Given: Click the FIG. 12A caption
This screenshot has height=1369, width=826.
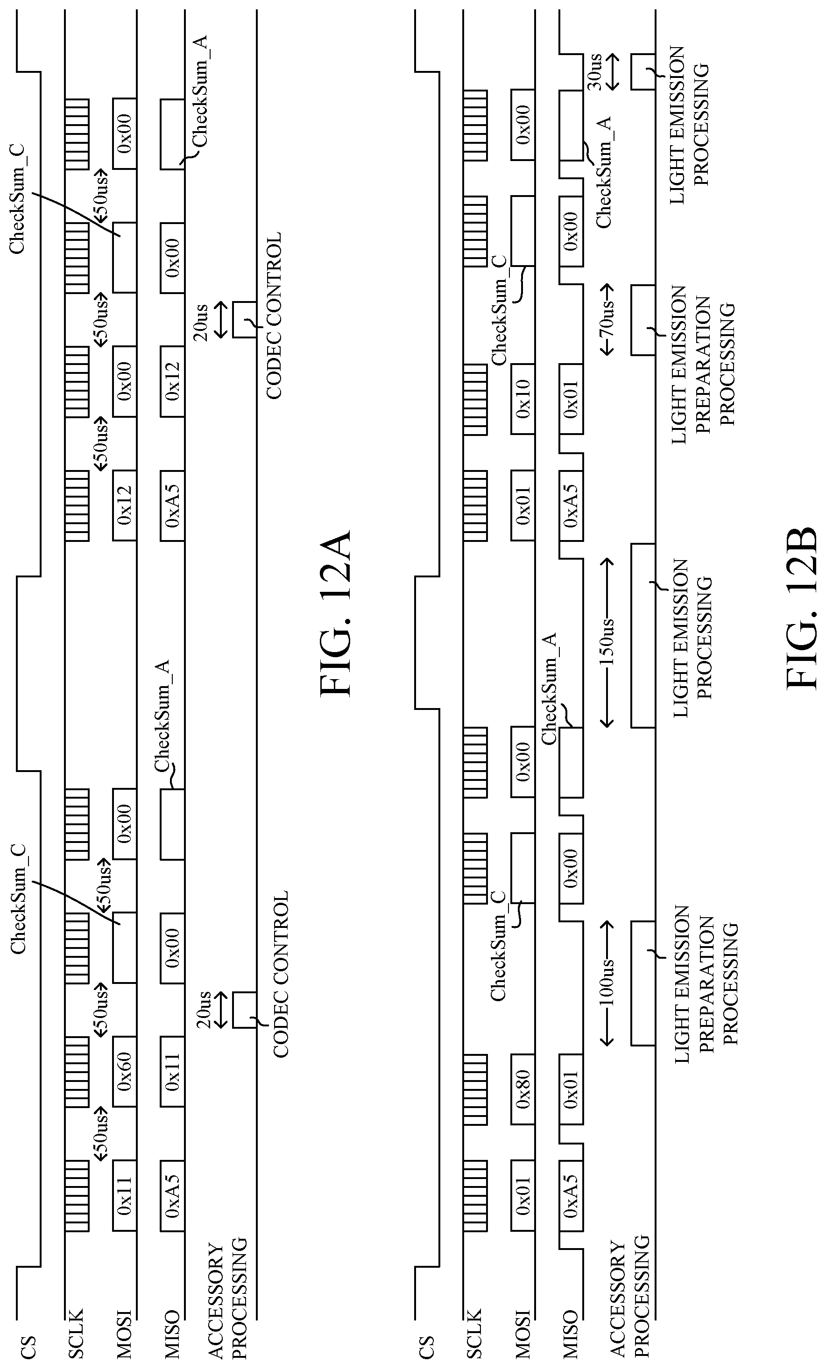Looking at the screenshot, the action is click(x=336, y=613).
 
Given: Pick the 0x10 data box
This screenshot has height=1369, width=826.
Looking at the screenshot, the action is click(x=522, y=399).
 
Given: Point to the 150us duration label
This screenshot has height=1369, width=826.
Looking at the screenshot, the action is click(x=607, y=642).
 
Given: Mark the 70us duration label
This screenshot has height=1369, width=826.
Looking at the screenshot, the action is click(x=607, y=321).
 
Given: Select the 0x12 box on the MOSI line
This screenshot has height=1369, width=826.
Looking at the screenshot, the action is click(x=125, y=505).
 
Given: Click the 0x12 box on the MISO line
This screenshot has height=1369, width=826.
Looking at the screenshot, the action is click(x=172, y=381).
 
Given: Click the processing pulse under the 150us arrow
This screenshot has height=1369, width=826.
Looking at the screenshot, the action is click(x=643, y=635).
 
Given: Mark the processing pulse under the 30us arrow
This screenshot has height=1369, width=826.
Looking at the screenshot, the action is click(x=643, y=72).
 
